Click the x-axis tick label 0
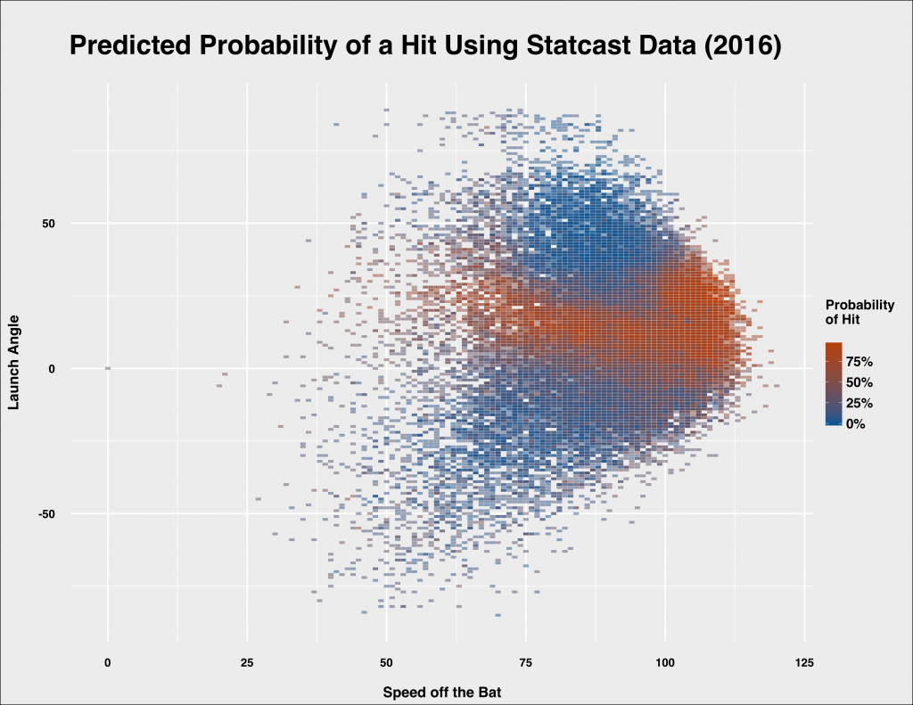click(108, 662)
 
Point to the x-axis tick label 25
click(247, 662)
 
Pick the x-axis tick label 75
click(525, 662)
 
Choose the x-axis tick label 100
click(664, 662)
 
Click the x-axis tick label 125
click(804, 662)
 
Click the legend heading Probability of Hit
click(860, 312)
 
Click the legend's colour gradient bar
click(834, 383)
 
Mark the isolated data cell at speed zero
click(107, 368)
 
